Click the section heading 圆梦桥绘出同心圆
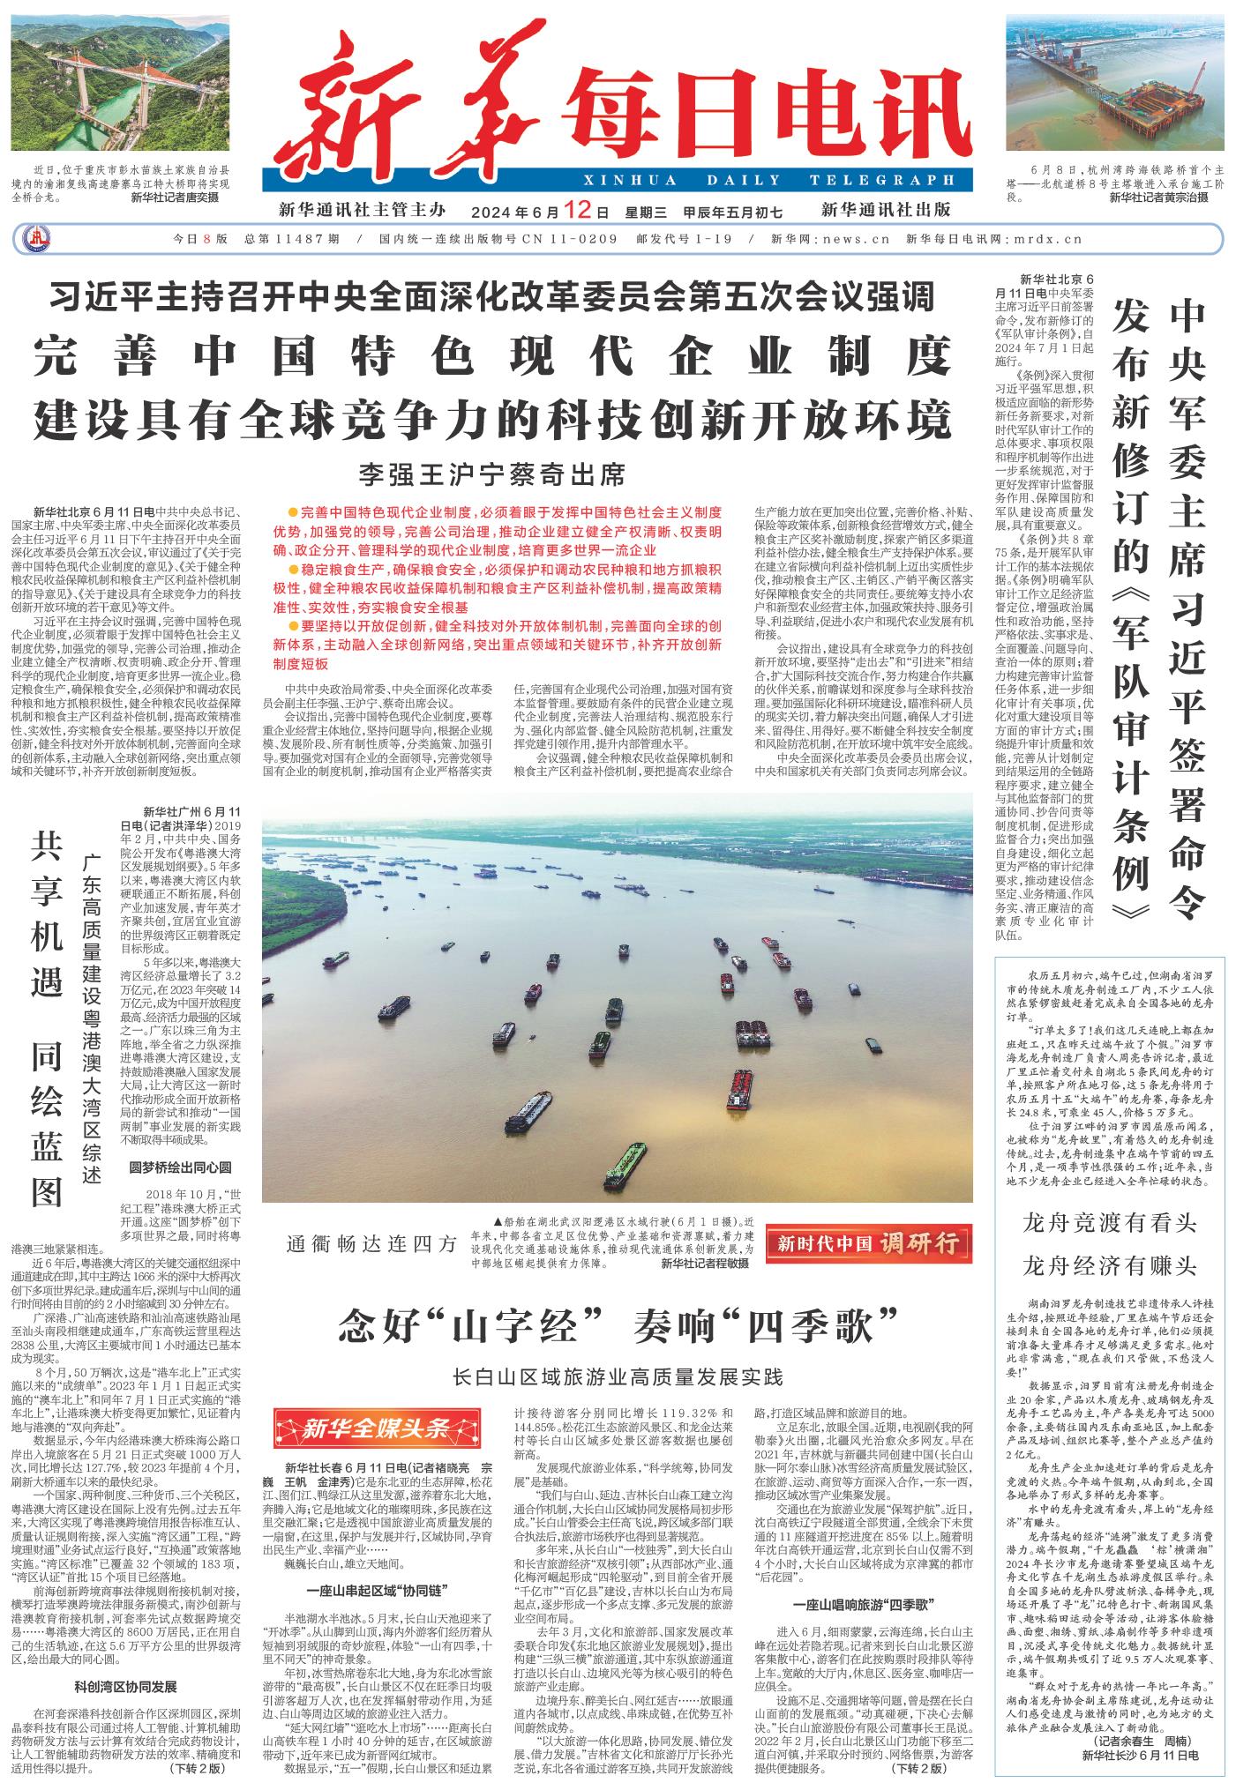tap(180, 1167)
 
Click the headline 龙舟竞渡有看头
tap(1109, 1223)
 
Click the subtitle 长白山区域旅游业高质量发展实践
tap(617, 1375)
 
